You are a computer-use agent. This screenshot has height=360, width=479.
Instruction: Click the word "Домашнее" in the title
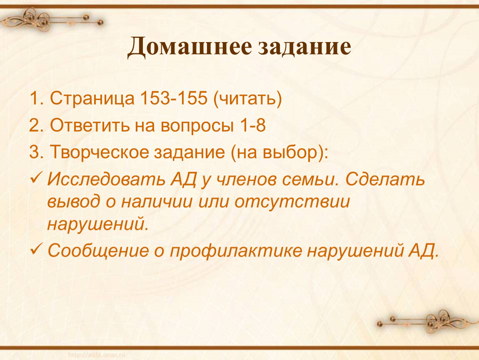coord(190,47)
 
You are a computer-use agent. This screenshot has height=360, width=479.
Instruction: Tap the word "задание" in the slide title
coord(304,47)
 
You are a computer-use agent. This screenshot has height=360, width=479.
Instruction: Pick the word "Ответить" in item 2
coord(90,125)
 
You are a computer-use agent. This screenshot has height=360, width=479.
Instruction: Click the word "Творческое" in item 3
coord(99,152)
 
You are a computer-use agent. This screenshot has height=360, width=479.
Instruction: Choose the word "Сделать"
coord(385,179)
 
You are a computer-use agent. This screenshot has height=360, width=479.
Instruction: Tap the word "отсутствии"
coord(292,202)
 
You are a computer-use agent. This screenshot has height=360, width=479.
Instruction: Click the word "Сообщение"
coord(98,250)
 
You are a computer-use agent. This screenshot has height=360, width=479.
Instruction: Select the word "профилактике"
coord(235,250)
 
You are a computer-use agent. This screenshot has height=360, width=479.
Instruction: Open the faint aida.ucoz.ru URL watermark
coord(97,355)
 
